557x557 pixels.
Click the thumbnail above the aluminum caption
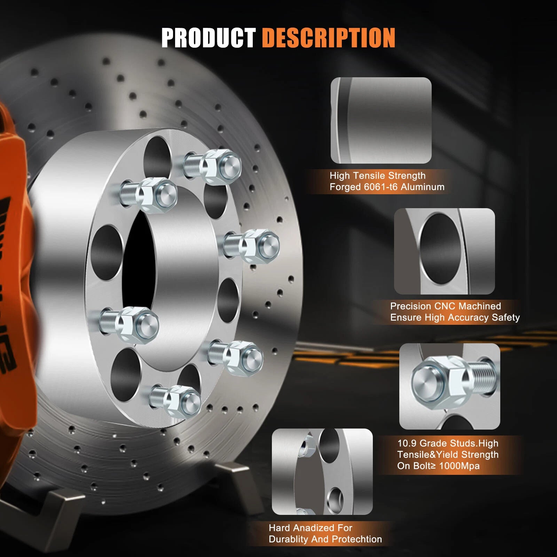(381, 120)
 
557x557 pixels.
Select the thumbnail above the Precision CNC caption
(444, 251)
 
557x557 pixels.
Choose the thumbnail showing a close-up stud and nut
(450, 386)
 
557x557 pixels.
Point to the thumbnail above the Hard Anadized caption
(322, 472)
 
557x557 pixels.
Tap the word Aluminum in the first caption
(423, 187)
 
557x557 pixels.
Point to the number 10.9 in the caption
(407, 443)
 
